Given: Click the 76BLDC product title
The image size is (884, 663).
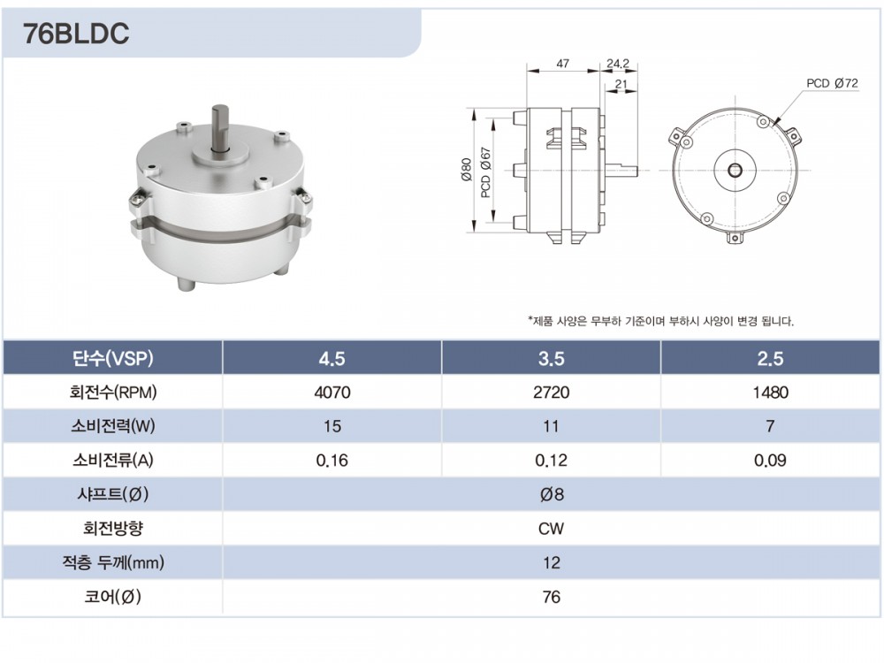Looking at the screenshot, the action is pos(76,34).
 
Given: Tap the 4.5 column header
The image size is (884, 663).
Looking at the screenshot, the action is pos(331,359).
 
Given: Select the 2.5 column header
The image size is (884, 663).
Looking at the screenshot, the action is pos(770,359).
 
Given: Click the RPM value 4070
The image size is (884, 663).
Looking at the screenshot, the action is pos(332,392).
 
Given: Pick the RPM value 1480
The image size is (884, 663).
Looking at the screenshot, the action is pos(770,392).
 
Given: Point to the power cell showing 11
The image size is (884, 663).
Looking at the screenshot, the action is pos(551,426).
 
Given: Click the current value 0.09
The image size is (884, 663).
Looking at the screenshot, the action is pos(770,461).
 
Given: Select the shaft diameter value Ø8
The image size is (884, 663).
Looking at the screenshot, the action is pos(552,494).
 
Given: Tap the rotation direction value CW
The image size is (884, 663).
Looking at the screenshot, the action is pos(551,529).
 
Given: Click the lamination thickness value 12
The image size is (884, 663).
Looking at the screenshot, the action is pos(552,562).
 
